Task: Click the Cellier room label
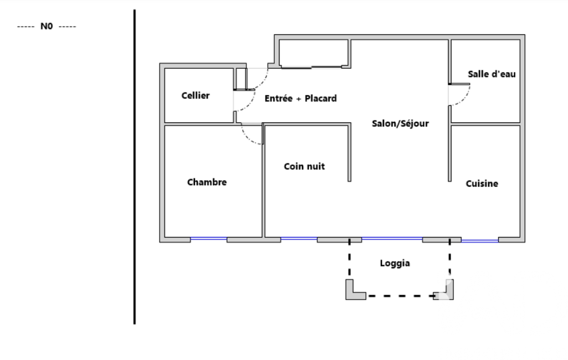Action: [x=196, y=96]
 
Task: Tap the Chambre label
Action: [x=207, y=182]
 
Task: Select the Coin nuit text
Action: [x=304, y=167]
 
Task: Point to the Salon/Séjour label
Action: [x=400, y=124]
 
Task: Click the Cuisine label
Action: [x=482, y=184]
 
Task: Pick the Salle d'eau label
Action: [x=492, y=74]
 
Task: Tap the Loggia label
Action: [x=395, y=263]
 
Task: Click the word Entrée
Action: [x=279, y=99]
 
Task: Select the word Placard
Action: [x=321, y=99]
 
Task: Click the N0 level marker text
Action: [x=47, y=27]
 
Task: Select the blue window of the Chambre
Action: [x=209, y=238]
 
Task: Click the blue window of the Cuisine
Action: [x=479, y=240]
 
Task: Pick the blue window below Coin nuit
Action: [x=299, y=238]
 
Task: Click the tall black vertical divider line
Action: [x=135, y=167]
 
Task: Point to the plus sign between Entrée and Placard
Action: [x=299, y=99]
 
